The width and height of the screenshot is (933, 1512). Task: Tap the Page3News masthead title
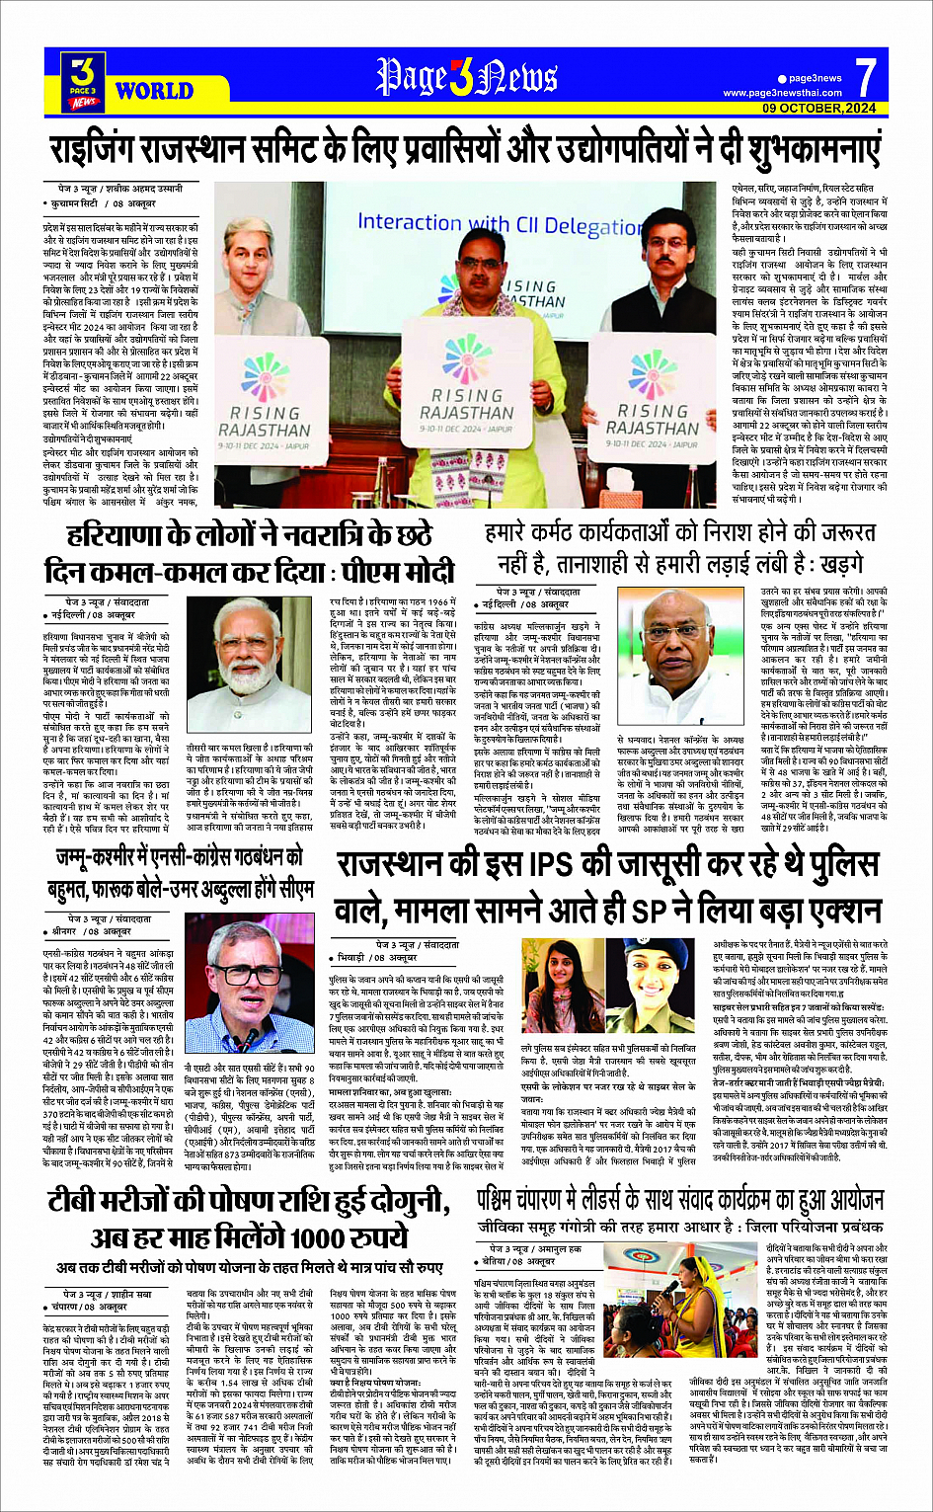(466, 78)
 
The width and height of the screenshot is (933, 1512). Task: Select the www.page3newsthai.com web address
(782, 93)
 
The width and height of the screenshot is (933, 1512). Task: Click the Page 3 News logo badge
(84, 79)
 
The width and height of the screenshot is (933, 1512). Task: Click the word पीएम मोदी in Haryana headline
(404, 573)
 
